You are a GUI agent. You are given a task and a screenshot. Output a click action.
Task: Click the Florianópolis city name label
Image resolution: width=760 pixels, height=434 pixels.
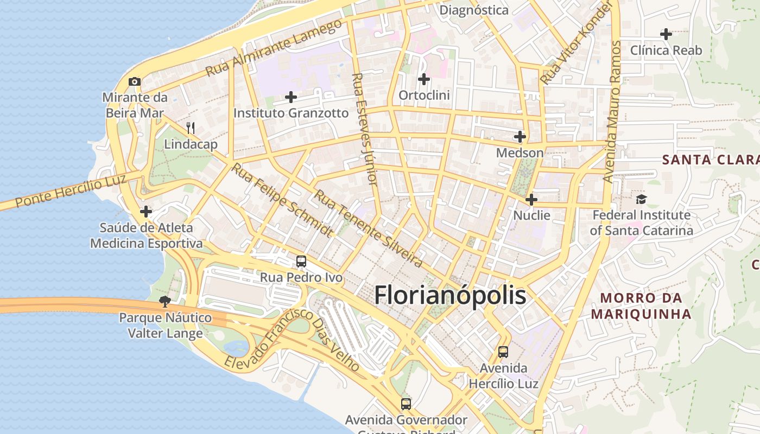(450, 296)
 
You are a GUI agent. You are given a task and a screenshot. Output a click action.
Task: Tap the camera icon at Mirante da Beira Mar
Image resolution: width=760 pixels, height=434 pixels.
(135, 82)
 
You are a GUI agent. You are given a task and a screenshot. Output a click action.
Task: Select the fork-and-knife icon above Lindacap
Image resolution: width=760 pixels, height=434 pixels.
(191, 128)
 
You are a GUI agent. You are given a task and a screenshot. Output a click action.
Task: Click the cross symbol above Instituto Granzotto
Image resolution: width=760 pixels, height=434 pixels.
(291, 97)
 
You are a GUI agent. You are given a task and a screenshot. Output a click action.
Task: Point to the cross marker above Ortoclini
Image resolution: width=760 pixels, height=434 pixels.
(424, 79)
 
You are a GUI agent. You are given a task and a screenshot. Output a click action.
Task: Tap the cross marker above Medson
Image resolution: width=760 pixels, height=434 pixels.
(520, 136)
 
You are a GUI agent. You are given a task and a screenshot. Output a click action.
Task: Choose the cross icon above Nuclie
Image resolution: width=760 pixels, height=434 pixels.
(531, 200)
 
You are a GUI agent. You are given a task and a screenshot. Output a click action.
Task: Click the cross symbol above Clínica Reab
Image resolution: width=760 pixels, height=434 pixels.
(666, 34)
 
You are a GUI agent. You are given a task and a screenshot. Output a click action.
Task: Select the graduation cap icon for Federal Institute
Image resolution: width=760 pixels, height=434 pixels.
(641, 199)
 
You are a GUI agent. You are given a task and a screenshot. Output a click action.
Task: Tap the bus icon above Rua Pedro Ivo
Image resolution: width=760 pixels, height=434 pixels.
(301, 261)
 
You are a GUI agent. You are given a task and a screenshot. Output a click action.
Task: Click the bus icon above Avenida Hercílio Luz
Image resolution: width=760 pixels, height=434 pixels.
(503, 352)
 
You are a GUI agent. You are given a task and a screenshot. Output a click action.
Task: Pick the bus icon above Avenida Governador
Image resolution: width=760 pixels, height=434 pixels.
(406, 404)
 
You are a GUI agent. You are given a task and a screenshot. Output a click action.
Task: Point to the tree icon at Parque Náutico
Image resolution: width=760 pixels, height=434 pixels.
(164, 301)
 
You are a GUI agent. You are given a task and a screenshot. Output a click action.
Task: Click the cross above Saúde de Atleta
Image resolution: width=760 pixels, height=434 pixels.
(146, 211)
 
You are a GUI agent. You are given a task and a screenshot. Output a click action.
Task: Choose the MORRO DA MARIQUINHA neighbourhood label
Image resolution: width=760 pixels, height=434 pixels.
(641, 306)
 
